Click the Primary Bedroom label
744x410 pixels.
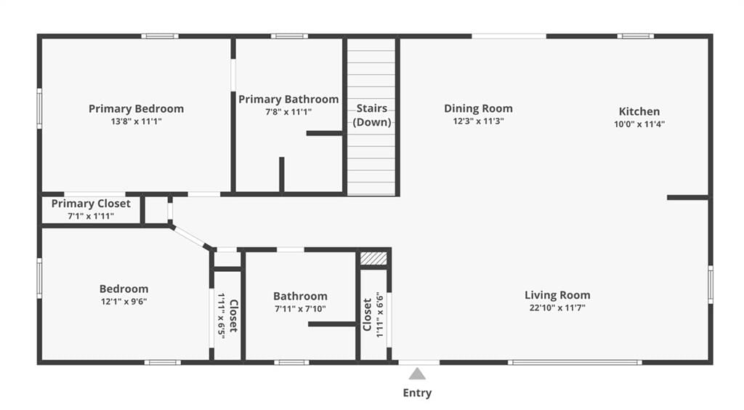[136, 108]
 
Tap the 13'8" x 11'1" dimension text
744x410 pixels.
[136, 121]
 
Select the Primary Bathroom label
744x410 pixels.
[288, 99]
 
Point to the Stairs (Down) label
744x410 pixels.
[372, 116]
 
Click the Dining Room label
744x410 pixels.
[478, 108]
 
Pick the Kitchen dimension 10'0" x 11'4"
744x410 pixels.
[639, 124]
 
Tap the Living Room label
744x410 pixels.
[557, 295]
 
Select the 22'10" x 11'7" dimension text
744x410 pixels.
[557, 307]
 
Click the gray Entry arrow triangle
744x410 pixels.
[417, 374]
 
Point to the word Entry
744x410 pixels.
[417, 393]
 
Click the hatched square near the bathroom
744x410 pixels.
[373, 259]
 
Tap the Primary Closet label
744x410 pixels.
[91, 204]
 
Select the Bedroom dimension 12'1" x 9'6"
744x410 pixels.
[124, 302]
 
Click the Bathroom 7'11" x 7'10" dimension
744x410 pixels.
[300, 309]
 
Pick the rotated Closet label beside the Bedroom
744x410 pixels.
[233, 315]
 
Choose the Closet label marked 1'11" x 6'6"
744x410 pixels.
[367, 315]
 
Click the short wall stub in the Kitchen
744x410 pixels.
[688, 198]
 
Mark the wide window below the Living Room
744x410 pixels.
[575, 363]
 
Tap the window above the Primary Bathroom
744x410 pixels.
[289, 36]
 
